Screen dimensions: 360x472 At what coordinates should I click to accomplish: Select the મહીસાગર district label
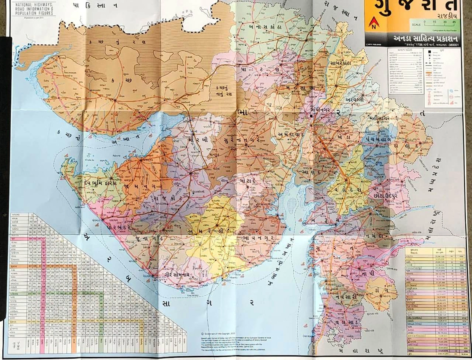click(x=379, y=118)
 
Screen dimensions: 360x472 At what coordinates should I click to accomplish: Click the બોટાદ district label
click(x=246, y=180)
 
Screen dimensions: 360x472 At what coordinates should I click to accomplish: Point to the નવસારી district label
click(x=344, y=296)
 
